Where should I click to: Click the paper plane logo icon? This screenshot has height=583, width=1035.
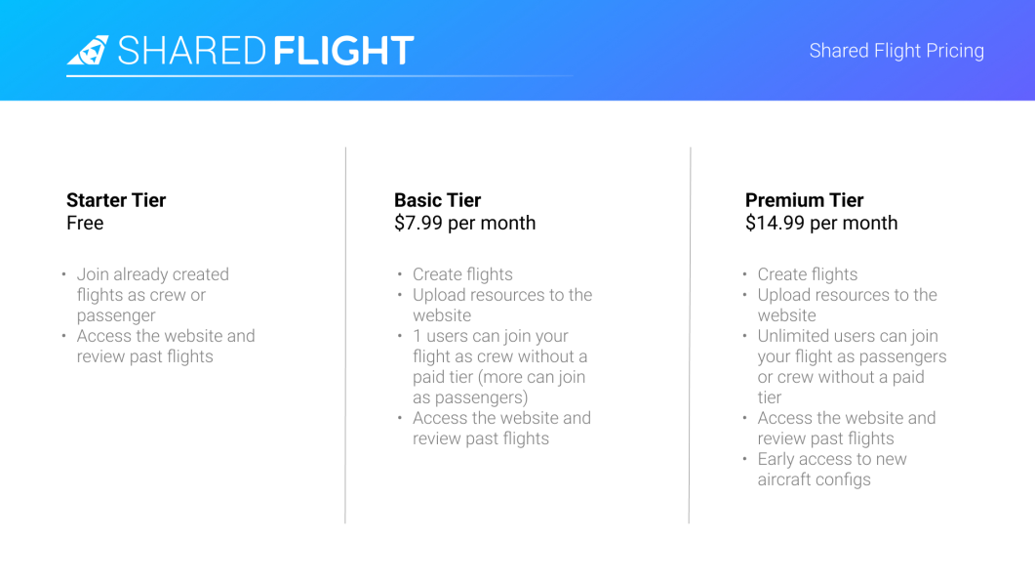point(88,51)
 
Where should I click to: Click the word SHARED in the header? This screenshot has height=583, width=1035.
point(192,51)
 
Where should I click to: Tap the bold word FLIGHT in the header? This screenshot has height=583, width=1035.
point(343,51)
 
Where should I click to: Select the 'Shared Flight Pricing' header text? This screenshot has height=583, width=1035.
point(896,51)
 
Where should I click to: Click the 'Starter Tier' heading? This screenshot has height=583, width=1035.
point(116,200)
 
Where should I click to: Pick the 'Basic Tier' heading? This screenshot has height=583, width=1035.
point(438,200)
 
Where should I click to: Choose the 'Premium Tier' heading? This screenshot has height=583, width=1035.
point(804,200)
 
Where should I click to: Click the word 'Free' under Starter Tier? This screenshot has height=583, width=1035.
point(85,224)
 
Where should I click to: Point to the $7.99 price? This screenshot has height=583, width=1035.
point(418,224)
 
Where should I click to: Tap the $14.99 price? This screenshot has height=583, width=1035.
point(775,224)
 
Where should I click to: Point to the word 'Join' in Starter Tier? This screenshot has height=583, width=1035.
point(93,274)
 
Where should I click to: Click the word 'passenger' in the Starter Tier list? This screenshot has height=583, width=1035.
point(116,316)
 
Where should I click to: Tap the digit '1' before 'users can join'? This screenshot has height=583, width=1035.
point(418,337)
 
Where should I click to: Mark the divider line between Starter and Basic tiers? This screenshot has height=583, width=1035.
point(345,335)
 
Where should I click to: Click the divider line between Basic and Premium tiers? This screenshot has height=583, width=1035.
point(690,335)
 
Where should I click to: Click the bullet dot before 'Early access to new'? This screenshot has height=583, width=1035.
point(744,458)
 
